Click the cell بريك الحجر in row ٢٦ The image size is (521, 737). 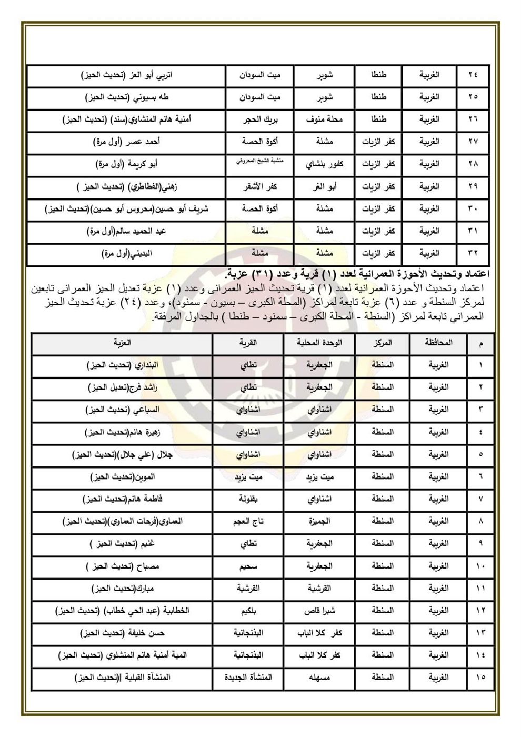pyautogui.click(x=259, y=119)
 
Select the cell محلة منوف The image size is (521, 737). pyautogui.click(x=324, y=119)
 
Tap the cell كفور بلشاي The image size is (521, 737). pyautogui.click(x=324, y=164)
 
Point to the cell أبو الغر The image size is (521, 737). pyautogui.click(x=325, y=186)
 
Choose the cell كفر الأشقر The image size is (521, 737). pyautogui.click(x=259, y=186)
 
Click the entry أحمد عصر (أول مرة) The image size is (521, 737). pyautogui.click(x=126, y=142)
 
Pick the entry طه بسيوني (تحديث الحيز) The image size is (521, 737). pyautogui.click(x=126, y=97)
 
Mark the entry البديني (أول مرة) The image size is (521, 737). pyautogui.click(x=126, y=253)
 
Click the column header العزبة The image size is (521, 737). pyautogui.click(x=122, y=343)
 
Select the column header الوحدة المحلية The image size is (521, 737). pyautogui.click(x=320, y=343)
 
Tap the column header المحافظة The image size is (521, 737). pyautogui.click(x=438, y=343)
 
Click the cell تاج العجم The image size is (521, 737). pyautogui.click(x=248, y=521)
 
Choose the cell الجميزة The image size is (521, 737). pyautogui.click(x=320, y=521)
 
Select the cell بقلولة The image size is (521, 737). pyautogui.click(x=248, y=499)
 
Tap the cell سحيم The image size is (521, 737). pyautogui.click(x=248, y=566)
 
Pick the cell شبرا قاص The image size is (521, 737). pyautogui.click(x=320, y=611)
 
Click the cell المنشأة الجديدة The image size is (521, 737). pyautogui.click(x=248, y=678)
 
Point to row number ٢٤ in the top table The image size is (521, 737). pyautogui.click(x=473, y=75)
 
